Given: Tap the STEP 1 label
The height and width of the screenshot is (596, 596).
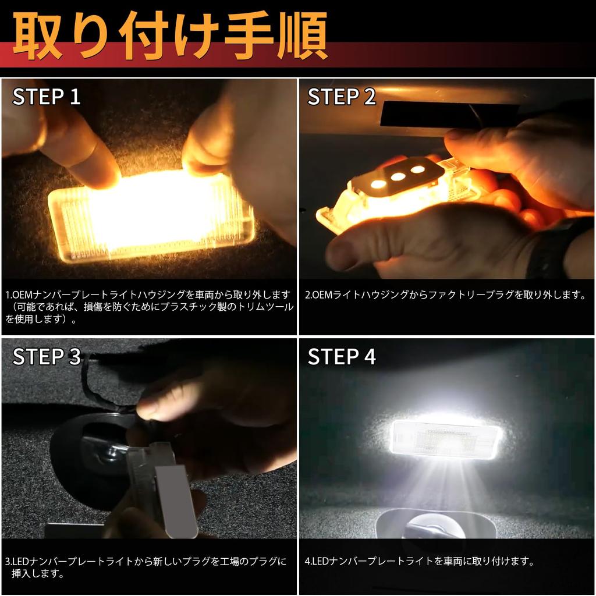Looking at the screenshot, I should (47, 97).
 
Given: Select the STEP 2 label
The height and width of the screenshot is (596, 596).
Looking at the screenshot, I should (342, 97).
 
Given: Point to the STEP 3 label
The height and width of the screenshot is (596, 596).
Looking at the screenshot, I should (47, 356).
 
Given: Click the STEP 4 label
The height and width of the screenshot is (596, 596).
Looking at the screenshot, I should (342, 356).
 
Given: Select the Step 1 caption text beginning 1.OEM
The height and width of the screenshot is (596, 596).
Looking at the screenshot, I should (149, 307).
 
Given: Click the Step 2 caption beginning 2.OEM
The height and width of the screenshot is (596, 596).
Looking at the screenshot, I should (445, 295).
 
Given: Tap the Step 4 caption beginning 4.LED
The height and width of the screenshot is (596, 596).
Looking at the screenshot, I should (419, 562).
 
